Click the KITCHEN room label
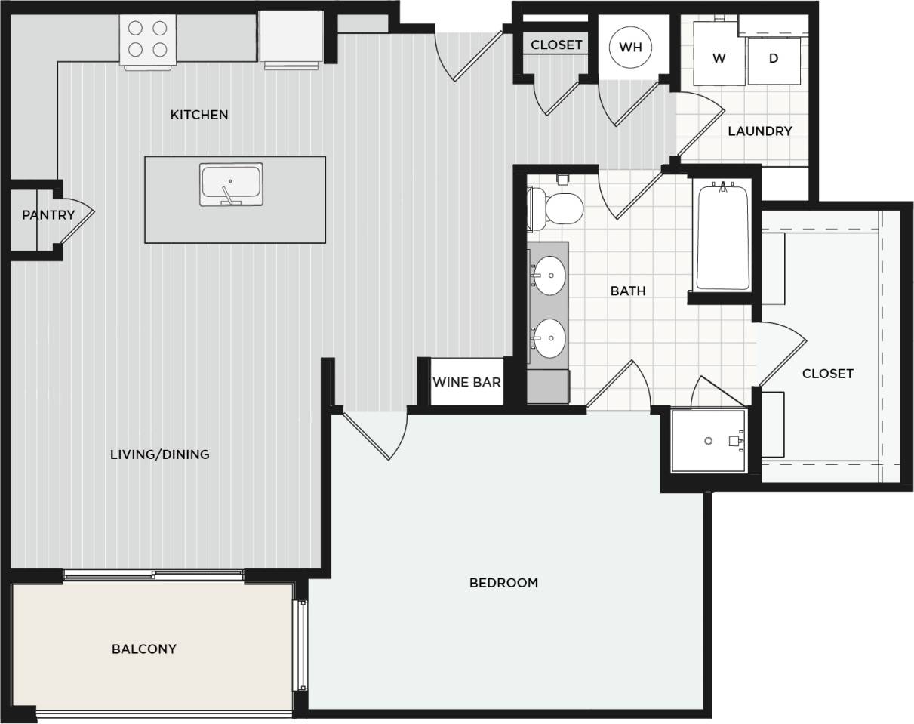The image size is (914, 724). (198, 115)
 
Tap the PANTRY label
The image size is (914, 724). (48, 215)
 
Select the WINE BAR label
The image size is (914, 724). (466, 382)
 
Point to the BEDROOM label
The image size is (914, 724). (503, 583)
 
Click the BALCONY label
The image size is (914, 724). (144, 649)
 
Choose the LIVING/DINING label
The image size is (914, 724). (160, 454)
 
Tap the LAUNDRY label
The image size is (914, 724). (760, 131)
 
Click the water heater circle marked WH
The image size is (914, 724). (630, 48)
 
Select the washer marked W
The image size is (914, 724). (719, 58)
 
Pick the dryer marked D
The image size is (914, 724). (774, 58)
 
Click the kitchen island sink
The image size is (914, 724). (231, 183)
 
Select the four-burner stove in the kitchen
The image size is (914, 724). (148, 39)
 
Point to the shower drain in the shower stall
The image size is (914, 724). (708, 441)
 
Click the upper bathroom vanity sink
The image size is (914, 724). (550, 276)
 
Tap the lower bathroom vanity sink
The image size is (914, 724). (550, 338)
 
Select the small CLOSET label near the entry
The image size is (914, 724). (556, 45)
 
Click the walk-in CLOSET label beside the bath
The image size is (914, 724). (828, 374)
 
